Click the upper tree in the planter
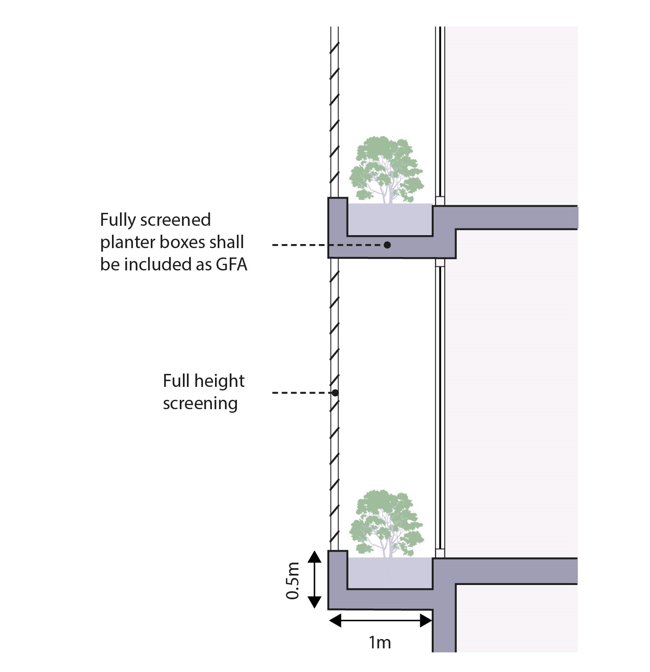pyautogui.click(x=386, y=170)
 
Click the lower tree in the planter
pyautogui.click(x=386, y=523)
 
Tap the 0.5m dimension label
pyautogui.click(x=293, y=580)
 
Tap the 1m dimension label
pyautogui.click(x=380, y=643)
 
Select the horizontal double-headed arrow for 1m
pyautogui.click(x=380, y=620)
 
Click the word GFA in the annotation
pyautogui.click(x=232, y=265)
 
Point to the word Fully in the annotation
pyautogui.click(x=117, y=220)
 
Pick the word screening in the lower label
pyautogui.click(x=200, y=404)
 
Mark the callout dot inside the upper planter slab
pyautogui.click(x=387, y=245)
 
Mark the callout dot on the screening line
pyautogui.click(x=335, y=393)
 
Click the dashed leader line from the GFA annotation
pyautogui.click(x=312, y=245)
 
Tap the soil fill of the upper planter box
pyautogui.click(x=389, y=219)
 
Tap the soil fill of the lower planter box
pyautogui.click(x=389, y=572)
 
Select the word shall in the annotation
pyautogui.click(x=228, y=242)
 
